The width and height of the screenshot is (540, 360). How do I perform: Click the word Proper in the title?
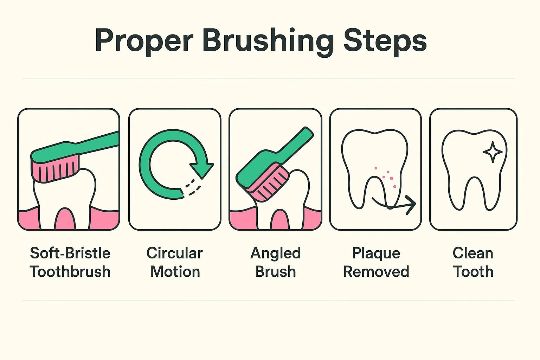[144, 41]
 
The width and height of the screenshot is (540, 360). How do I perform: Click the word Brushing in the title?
[268, 41]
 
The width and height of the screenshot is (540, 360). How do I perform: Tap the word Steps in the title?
[385, 41]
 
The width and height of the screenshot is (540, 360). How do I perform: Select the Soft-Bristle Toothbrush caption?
[70, 262]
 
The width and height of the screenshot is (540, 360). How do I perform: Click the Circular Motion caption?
[175, 262]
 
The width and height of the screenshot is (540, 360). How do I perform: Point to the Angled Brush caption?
[276, 262]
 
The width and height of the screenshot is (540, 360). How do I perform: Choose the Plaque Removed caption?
[376, 262]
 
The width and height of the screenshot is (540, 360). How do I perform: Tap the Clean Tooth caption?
[473, 262]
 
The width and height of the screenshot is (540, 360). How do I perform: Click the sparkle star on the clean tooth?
[493, 152]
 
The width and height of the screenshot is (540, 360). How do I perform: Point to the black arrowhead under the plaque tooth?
[411, 205]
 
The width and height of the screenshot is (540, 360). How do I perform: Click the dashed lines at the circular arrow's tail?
[192, 187]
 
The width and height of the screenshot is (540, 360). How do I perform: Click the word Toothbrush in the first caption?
[70, 271]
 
